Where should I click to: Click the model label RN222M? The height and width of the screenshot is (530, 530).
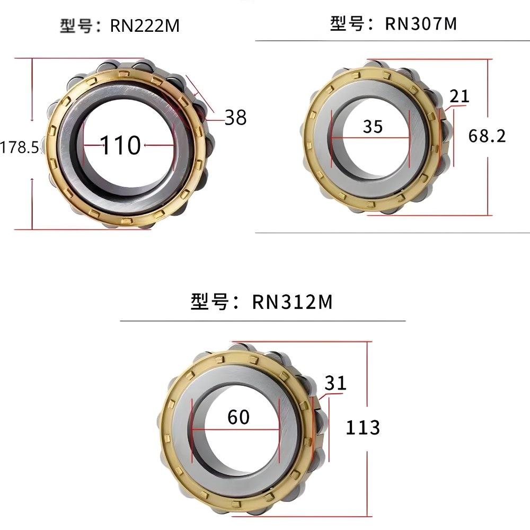(x=145, y=25)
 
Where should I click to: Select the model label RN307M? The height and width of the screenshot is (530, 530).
(x=421, y=24)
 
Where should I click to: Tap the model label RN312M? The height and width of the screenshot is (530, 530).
(x=293, y=302)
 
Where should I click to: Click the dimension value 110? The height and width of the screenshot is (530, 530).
(x=120, y=145)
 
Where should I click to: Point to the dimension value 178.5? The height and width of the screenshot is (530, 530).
(x=19, y=147)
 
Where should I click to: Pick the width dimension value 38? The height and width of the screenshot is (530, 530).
(x=236, y=118)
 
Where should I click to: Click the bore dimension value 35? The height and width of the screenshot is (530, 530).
(x=373, y=127)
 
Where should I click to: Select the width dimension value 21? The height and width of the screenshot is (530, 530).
(x=460, y=96)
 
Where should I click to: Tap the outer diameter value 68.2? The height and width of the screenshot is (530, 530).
(x=487, y=136)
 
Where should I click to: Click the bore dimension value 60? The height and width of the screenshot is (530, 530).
(x=238, y=417)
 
